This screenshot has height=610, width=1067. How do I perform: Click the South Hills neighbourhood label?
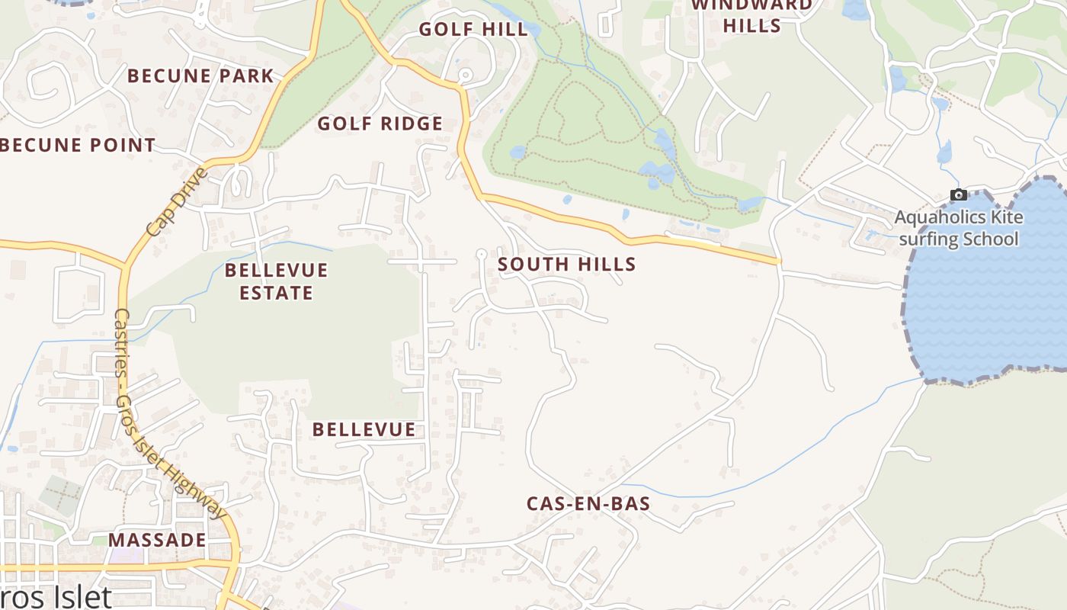tap(566, 265)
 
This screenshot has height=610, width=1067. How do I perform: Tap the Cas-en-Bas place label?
tap(588, 504)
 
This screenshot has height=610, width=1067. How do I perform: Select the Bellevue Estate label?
tap(276, 281)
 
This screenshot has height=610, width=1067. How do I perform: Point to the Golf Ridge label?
tap(380, 124)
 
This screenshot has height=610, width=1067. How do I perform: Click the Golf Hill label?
tap(473, 30)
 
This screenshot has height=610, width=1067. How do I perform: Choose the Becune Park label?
tap(200, 76)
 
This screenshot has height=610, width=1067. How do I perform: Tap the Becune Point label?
tap(78, 145)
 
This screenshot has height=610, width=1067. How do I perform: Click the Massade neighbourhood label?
tap(157, 541)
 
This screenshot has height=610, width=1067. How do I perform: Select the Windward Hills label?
tap(751, 15)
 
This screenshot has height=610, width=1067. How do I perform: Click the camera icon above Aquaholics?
tap(959, 195)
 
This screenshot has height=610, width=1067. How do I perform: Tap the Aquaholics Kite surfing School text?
tap(959, 228)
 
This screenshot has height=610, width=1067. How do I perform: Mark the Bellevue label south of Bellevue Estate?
tap(364, 430)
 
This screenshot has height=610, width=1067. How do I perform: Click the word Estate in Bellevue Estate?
tap(276, 293)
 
